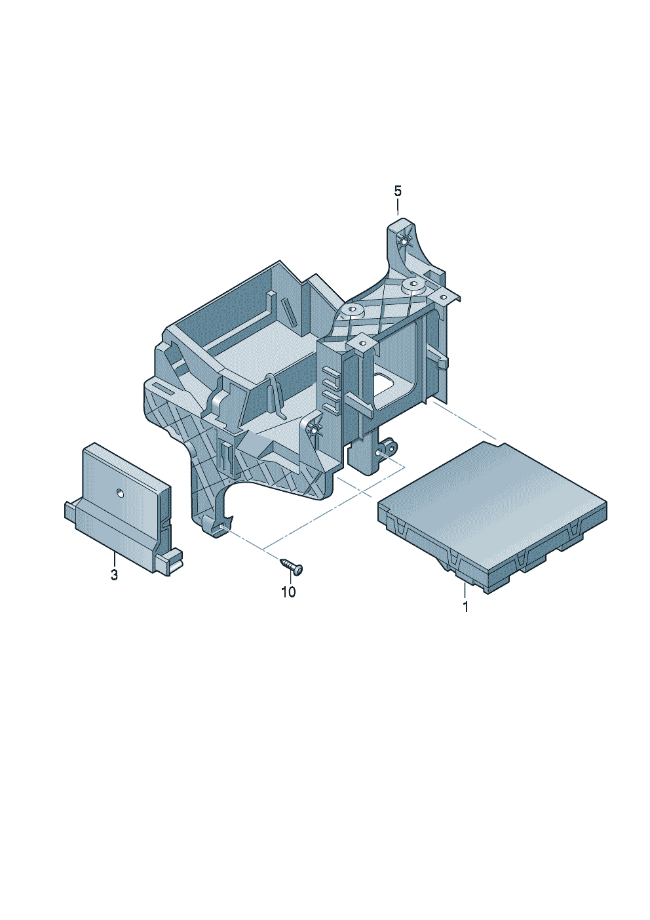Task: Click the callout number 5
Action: click(398, 191)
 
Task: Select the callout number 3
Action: click(114, 575)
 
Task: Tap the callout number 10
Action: click(288, 592)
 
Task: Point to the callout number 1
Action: click(466, 607)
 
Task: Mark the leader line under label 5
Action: click(398, 209)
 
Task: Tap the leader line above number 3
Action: click(114, 561)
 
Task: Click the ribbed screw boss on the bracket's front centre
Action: click(314, 430)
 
